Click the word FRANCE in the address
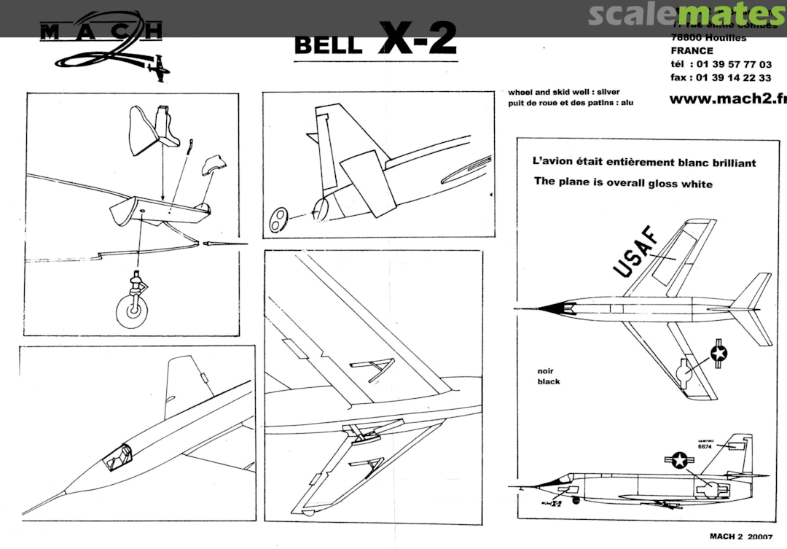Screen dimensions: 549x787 [692, 51]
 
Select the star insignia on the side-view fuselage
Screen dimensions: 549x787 [680, 460]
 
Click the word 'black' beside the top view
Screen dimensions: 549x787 [549, 381]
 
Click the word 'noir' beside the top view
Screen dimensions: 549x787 [545, 370]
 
